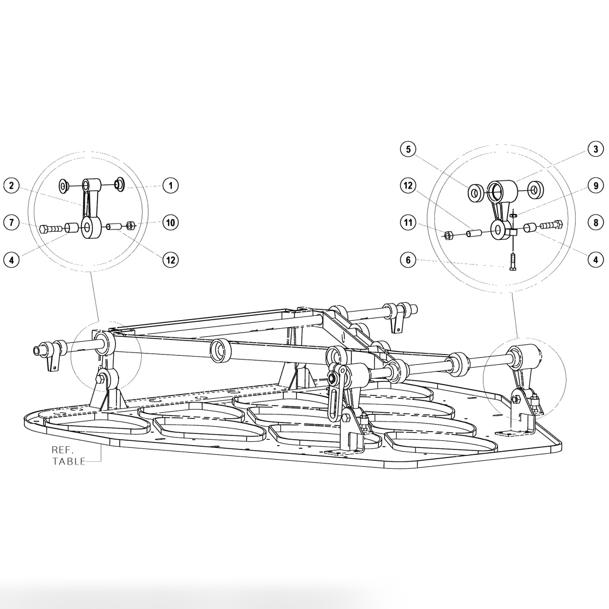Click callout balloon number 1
pos(170,185)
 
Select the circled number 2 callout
pos(11,186)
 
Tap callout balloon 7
pos(11,222)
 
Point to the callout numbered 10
pos(170,222)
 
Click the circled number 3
pos(595,149)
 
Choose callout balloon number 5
pos(409,149)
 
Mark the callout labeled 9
pos(595,186)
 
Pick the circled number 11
pos(409,222)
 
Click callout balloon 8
pos(595,222)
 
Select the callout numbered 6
pos(409,260)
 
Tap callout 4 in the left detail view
pos(11,259)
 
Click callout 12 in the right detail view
pos(409,186)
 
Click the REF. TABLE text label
pos(68,455)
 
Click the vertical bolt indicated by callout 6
pos(512,262)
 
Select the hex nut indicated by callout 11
pos(448,234)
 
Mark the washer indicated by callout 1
pos(120,185)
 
